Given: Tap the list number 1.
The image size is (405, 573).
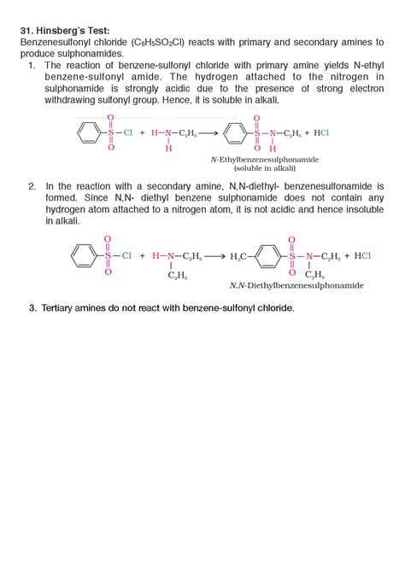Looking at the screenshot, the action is (x=32, y=64).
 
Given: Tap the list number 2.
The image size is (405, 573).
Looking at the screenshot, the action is (x=32, y=185).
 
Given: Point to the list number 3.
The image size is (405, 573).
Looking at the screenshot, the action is (x=32, y=307).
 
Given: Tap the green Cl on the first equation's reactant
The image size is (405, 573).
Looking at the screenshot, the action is (x=127, y=133).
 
